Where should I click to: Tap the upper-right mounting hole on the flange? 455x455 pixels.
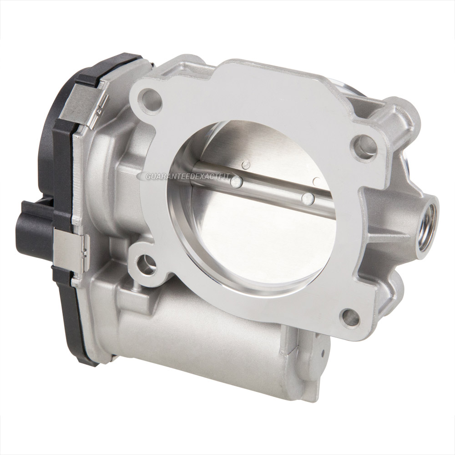click(x=365, y=147)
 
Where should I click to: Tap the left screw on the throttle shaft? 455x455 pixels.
click(x=235, y=182)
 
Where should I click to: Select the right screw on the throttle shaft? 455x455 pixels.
click(x=308, y=198)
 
